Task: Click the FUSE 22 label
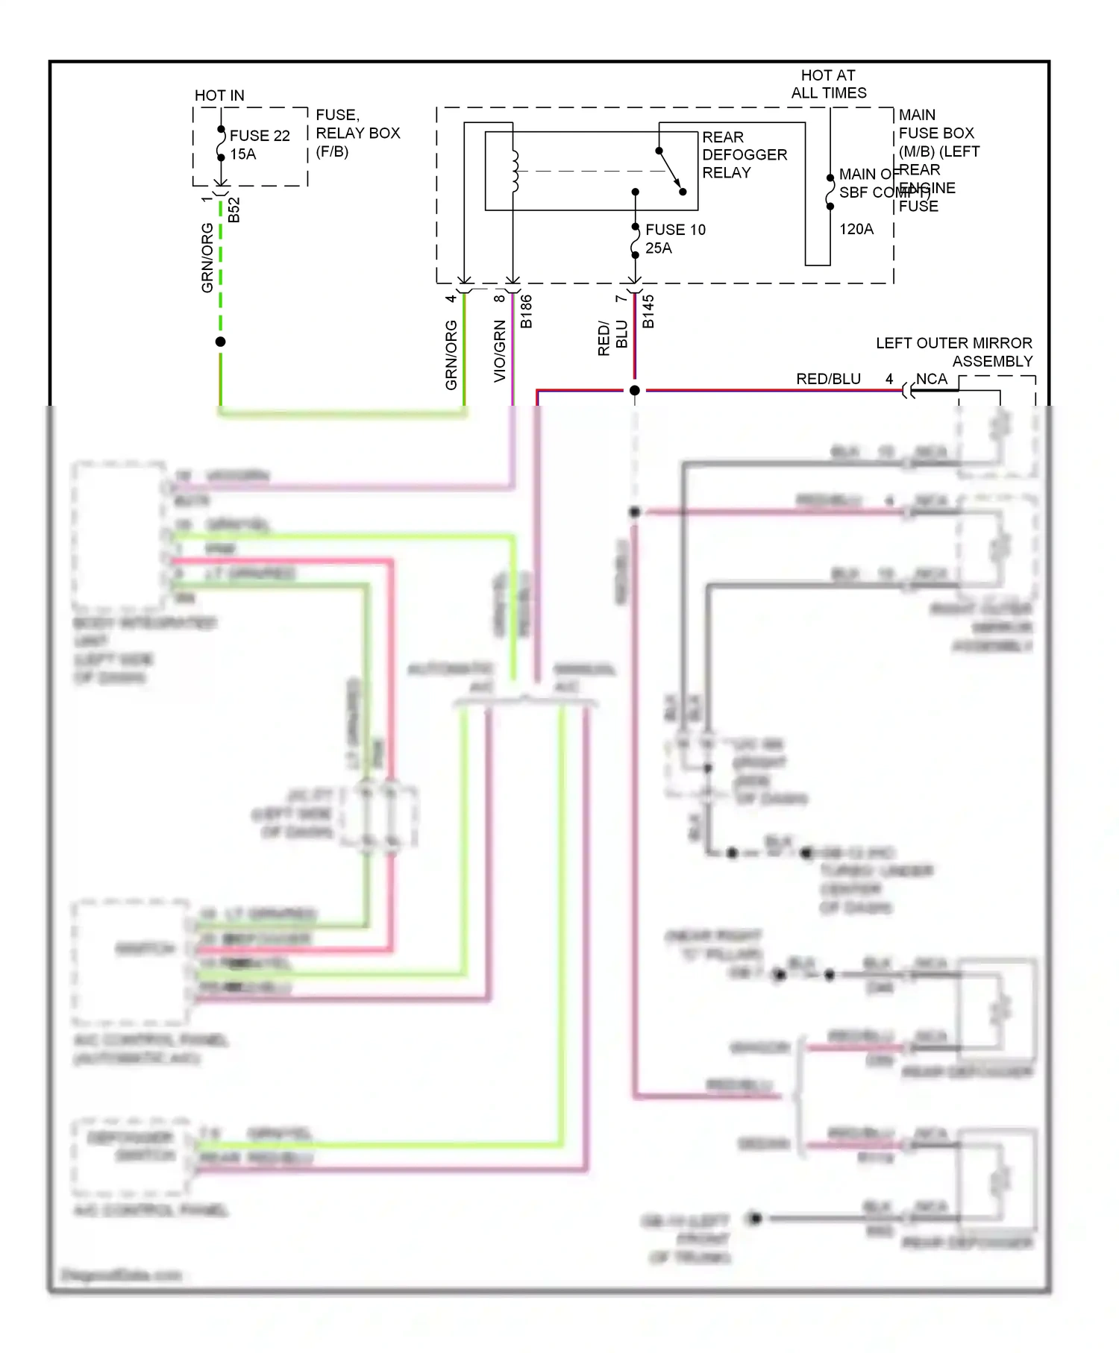click(259, 136)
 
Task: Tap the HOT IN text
click(219, 95)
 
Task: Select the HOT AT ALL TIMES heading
click(828, 84)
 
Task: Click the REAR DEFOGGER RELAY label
click(744, 154)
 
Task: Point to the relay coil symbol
click(515, 171)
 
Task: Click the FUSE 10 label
click(675, 230)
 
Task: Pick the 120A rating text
click(856, 229)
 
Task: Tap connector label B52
click(234, 210)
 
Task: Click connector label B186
click(526, 311)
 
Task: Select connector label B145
click(648, 311)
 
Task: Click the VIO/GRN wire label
click(500, 351)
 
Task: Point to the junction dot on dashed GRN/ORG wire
click(220, 342)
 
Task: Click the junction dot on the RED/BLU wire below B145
click(634, 390)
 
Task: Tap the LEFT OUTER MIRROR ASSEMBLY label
click(954, 352)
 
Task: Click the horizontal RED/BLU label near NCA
click(828, 379)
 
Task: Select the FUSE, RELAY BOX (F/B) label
click(357, 133)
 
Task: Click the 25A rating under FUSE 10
click(658, 248)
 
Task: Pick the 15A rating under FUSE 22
click(242, 154)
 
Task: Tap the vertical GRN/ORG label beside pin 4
click(451, 355)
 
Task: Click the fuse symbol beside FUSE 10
click(635, 241)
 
